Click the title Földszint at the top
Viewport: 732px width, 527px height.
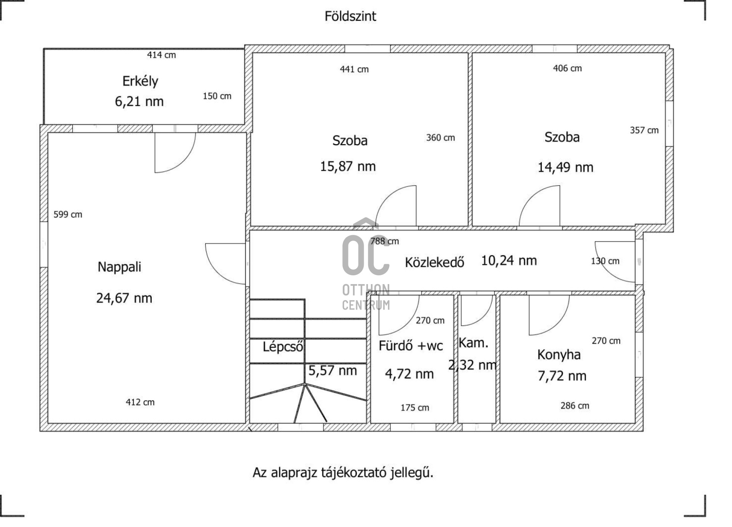click(x=350, y=16)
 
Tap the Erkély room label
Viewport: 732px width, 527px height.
click(x=140, y=81)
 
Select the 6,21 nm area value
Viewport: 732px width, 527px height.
click(x=139, y=101)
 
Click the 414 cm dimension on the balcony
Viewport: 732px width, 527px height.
click(x=161, y=55)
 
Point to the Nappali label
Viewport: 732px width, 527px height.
click(x=119, y=267)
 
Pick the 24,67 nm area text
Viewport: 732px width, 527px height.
click(x=124, y=298)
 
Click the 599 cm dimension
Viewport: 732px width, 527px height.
click(x=68, y=214)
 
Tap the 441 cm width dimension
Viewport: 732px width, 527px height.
click(x=354, y=69)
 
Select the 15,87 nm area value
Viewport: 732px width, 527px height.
click(x=348, y=166)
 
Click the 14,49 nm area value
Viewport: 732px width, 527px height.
click(x=565, y=167)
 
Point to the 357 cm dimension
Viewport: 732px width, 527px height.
click(x=644, y=130)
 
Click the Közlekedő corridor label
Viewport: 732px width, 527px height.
click(x=434, y=262)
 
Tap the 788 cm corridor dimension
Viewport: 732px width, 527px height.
click(x=385, y=241)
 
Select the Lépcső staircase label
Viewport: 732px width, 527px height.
click(x=283, y=346)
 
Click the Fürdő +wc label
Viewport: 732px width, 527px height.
click(x=411, y=345)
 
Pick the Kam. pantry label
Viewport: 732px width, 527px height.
click(x=473, y=343)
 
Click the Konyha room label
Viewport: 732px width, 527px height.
click(x=559, y=355)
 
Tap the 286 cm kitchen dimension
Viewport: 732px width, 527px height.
click(x=575, y=406)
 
